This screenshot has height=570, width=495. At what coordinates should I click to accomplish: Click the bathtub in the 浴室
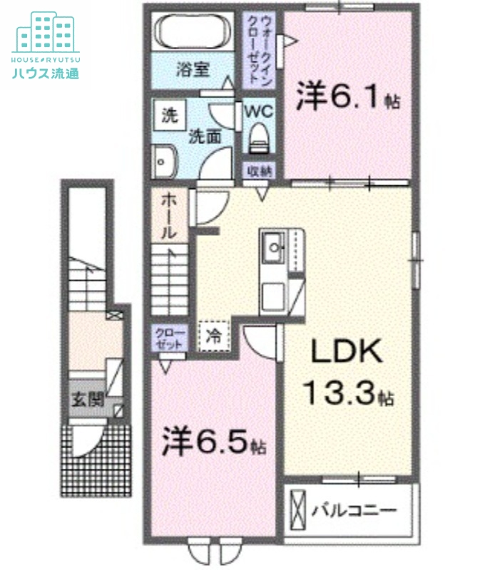192,33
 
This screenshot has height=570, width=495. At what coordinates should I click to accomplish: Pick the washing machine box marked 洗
169,115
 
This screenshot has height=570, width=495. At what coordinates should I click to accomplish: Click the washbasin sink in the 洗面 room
165,161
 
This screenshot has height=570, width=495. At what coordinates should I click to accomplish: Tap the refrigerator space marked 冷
213,335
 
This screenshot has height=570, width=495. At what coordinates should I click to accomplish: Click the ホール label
169,214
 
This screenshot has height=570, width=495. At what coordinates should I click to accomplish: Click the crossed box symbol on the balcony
297,510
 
